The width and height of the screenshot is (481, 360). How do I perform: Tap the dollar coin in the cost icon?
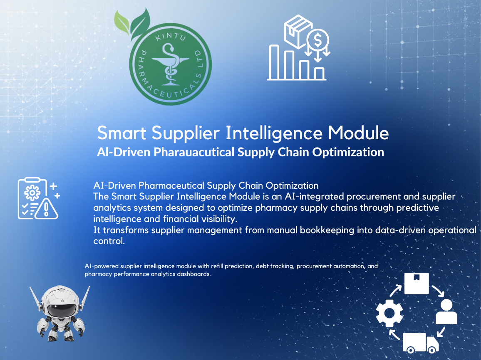coord(317,41)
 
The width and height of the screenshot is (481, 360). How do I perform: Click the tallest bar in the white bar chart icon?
coord(274,62)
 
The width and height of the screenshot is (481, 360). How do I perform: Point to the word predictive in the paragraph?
coord(418,207)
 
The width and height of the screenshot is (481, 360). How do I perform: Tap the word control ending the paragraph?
coord(109,241)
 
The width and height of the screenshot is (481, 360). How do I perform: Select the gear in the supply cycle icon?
coord(389,313)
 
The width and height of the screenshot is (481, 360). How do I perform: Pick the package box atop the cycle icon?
coord(417,283)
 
